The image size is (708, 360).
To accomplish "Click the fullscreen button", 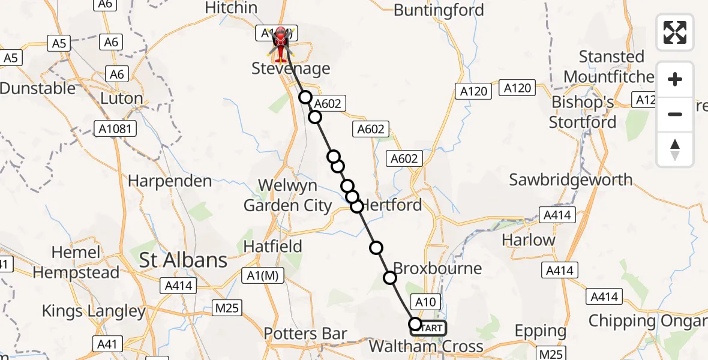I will pos(675,32).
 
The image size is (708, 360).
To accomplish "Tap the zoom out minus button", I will pos(675,114).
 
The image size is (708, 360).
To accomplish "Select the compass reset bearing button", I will pos(675,149).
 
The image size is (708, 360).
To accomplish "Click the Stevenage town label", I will pos(291,68).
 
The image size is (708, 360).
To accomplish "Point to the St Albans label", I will pos(183,260).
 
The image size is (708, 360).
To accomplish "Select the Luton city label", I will pos(121,98).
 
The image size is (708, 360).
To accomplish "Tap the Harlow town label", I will pos(529,240).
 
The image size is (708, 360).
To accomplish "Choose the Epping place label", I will pos(540,331).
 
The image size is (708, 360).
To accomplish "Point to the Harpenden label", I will pos(170,181).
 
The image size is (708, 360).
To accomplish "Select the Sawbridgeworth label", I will pos(571,179).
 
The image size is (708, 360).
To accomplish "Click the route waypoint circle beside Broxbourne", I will pos(390,277).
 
